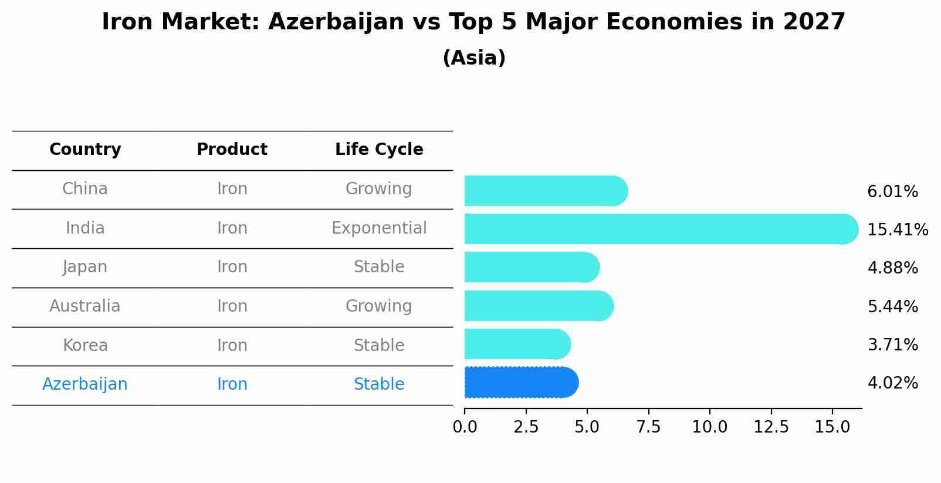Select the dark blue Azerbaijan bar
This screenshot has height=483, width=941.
click(521, 383)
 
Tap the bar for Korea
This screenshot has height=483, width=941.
click(517, 344)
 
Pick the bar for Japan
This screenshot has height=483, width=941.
click(532, 267)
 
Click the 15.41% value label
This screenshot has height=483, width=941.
click(897, 229)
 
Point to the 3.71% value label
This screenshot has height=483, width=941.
click(892, 344)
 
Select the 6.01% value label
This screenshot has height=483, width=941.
click(892, 191)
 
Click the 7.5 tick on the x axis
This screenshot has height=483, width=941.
click(648, 427)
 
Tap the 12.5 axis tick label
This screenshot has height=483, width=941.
click(771, 427)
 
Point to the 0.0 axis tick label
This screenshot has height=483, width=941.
click(465, 427)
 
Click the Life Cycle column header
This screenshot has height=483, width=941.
click(379, 150)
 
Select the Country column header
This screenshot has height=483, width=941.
click(85, 150)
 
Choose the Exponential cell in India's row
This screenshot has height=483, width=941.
click(379, 228)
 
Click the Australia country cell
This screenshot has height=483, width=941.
click(85, 306)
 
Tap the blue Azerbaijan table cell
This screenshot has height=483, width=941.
click(85, 384)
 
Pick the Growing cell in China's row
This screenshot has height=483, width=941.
click(379, 188)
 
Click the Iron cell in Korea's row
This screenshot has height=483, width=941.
click(232, 345)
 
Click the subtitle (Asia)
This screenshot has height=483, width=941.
click(474, 58)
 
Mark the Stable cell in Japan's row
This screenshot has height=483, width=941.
click(379, 266)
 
